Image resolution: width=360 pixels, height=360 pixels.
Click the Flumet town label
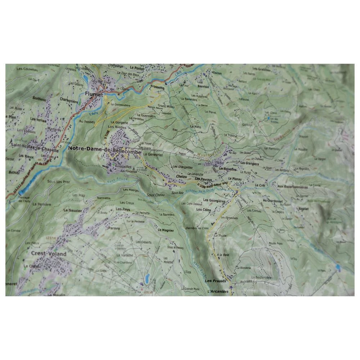(94, 95)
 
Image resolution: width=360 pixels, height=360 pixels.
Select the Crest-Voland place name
(49, 254)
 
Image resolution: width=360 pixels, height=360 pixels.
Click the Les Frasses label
(215, 280)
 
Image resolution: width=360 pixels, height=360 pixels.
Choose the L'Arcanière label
(218, 292)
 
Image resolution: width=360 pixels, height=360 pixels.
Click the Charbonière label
(68, 102)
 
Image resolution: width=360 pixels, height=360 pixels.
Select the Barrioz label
(203, 86)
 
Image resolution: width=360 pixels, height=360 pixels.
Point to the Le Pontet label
(137, 68)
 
